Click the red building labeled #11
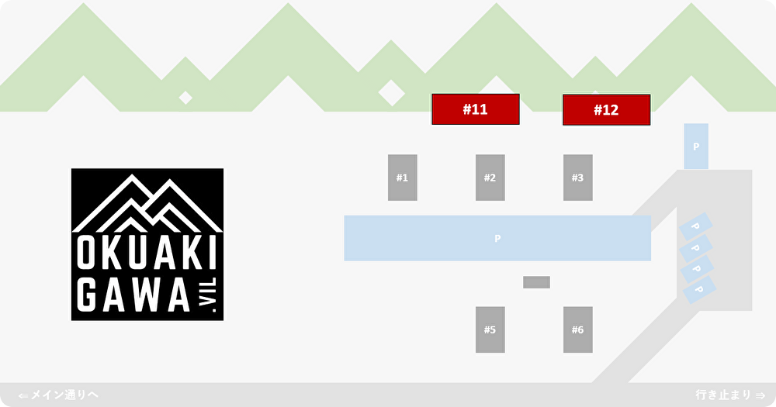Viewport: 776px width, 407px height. [x=475, y=109]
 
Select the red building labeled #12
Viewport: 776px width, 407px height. [x=606, y=110]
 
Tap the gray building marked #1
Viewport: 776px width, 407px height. [x=402, y=178]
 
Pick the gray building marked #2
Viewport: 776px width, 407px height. [x=490, y=178]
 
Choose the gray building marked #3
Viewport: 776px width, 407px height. [x=577, y=178]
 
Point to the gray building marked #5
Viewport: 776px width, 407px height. [x=490, y=329]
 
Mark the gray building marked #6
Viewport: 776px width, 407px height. [x=577, y=329]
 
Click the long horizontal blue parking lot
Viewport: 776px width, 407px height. [x=497, y=238]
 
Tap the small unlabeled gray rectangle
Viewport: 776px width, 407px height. [x=536, y=282]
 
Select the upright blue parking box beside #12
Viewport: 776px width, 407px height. [x=695, y=146]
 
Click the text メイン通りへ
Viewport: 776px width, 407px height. [x=64, y=395]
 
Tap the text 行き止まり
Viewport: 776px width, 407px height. [x=723, y=395]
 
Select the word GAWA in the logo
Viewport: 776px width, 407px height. [x=134, y=295]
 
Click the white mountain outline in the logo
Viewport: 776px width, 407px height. [x=147, y=203]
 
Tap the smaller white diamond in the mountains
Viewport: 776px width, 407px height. [x=185, y=98]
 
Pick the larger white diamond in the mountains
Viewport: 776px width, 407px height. [x=391, y=93]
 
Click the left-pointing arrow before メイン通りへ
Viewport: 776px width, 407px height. [x=23, y=395]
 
